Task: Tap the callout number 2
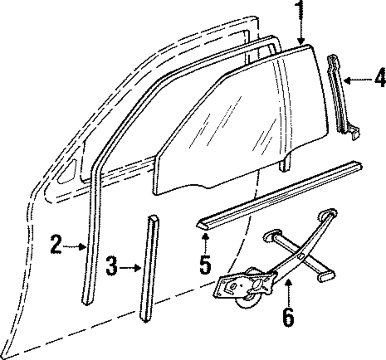pyautogui.click(x=56, y=245)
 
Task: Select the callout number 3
pyautogui.click(x=112, y=267)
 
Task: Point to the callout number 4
pyautogui.click(x=379, y=79)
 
